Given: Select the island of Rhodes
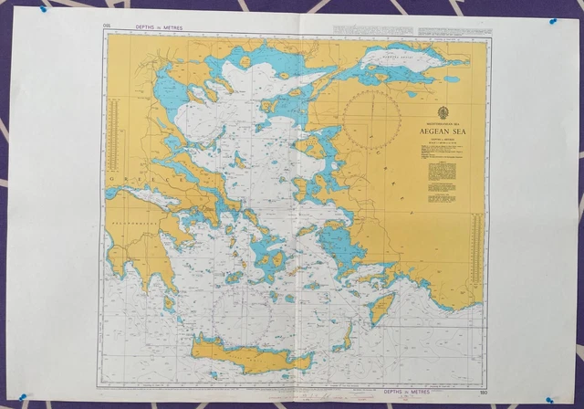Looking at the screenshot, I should click(383, 308).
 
